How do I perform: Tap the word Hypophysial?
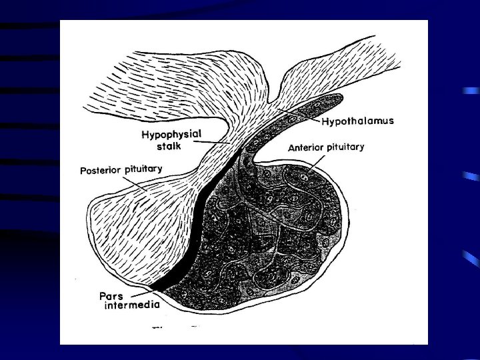[x=171, y=134]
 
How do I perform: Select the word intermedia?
[x=131, y=307]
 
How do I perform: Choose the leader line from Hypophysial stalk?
[x=213, y=142]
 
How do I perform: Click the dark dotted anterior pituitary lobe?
[x=280, y=240]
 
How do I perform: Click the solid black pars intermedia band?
[x=197, y=227]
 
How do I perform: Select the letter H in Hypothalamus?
[x=325, y=122]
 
